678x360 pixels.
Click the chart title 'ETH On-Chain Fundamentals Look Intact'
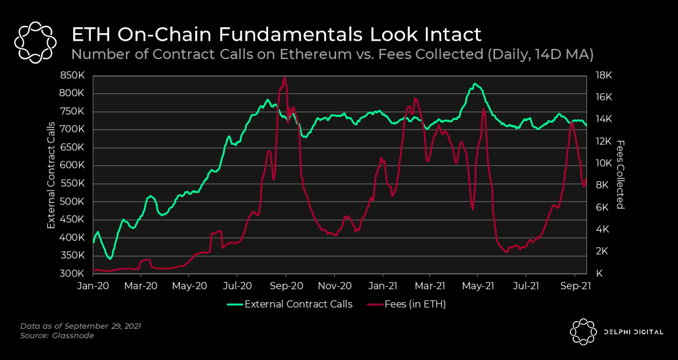(276, 34)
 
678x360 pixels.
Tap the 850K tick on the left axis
(76, 76)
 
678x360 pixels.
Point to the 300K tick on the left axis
(76, 274)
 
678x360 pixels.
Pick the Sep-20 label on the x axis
(286, 286)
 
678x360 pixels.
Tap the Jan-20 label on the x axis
(93, 286)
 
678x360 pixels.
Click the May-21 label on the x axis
(478, 286)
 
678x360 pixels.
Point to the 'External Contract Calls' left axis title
(51, 175)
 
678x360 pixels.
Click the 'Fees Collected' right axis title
(620, 175)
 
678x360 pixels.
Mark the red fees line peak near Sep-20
(285, 78)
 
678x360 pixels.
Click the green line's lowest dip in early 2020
(110, 258)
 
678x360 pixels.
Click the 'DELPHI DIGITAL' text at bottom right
(629, 332)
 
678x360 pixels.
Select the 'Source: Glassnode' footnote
(57, 336)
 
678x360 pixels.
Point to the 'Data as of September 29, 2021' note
(80, 326)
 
